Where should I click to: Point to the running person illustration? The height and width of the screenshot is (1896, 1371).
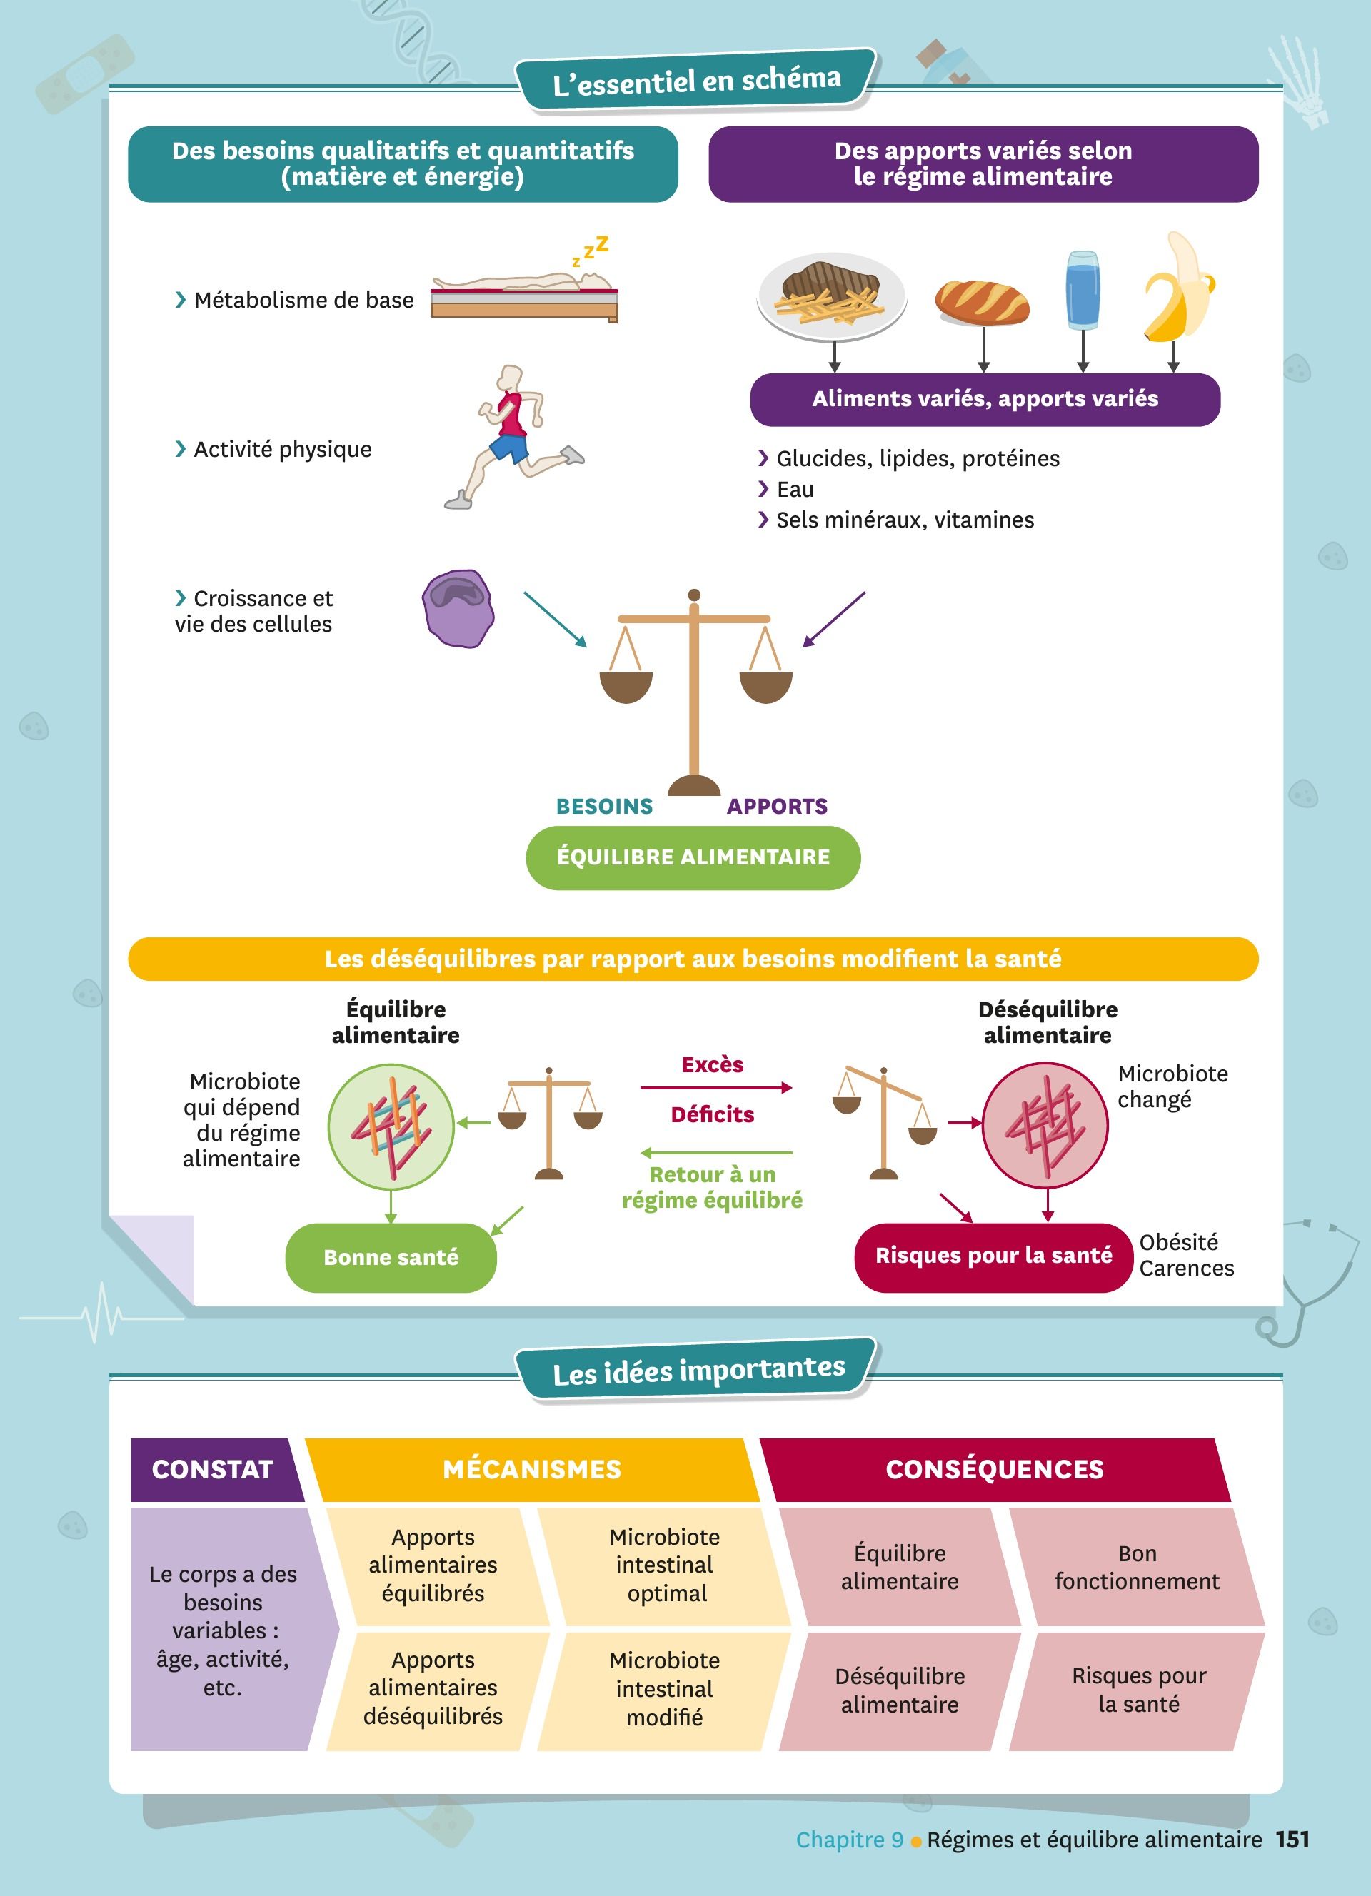coord(511,435)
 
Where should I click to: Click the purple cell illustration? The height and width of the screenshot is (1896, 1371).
coord(457,609)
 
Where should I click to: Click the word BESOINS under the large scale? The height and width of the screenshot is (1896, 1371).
coord(604,807)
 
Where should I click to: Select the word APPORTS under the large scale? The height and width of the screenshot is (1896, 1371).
coord(777,807)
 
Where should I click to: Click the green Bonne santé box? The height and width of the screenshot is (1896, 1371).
coord(391,1257)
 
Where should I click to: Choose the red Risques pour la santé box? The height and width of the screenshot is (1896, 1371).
coord(993,1256)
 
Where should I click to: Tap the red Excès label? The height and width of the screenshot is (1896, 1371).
coord(712,1065)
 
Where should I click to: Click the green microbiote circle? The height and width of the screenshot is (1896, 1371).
coord(391,1126)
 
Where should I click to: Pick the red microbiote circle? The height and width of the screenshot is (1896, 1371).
coord(1045,1124)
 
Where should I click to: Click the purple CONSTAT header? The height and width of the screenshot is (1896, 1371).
coord(214,1470)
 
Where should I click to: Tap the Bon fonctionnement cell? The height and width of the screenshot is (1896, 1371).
coord(1137,1568)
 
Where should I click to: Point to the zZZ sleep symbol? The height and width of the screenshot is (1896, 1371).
coord(591,250)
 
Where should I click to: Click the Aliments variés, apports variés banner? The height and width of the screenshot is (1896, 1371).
coord(985,400)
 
